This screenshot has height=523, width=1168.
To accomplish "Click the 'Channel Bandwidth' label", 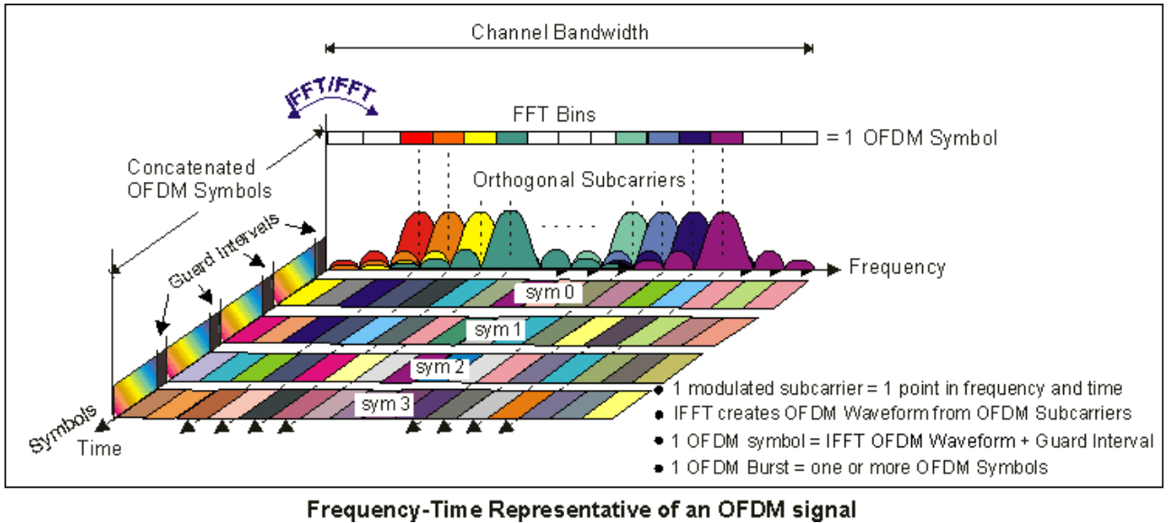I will pos(560,33).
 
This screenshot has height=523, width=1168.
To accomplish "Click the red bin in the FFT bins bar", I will pos(416,138).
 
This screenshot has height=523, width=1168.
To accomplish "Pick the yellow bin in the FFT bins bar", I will pos(480,138).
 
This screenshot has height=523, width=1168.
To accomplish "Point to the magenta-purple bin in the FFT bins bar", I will pos(726,138).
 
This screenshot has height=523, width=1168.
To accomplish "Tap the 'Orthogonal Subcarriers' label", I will pos(579,180).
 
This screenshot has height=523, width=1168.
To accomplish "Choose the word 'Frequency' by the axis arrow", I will pos(897,267).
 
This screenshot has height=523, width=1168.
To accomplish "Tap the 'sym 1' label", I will pos(495,330).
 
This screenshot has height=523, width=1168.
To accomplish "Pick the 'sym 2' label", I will pos(438,367).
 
